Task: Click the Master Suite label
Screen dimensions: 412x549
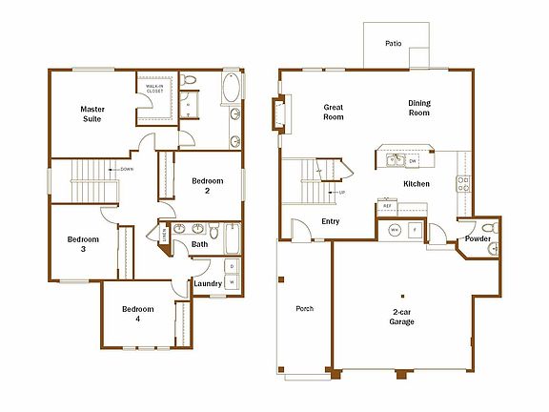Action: (x=91, y=115)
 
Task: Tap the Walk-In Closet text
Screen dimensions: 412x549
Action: (x=154, y=88)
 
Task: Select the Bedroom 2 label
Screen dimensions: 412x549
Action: (x=207, y=185)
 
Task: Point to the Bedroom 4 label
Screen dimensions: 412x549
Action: (x=137, y=314)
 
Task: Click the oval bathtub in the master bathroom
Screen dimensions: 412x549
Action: (x=233, y=94)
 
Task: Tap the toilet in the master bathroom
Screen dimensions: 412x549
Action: (x=188, y=81)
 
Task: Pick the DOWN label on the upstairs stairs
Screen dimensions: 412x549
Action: (x=127, y=170)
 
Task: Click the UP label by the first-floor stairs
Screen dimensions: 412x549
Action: (x=340, y=193)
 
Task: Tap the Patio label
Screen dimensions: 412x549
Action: (x=393, y=43)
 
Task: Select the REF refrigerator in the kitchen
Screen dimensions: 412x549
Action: (x=387, y=206)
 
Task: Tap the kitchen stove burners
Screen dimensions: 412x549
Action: (x=462, y=181)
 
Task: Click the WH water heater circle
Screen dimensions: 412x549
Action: (x=395, y=230)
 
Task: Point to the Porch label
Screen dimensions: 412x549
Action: (x=305, y=309)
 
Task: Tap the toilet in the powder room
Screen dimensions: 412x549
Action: (x=488, y=228)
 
